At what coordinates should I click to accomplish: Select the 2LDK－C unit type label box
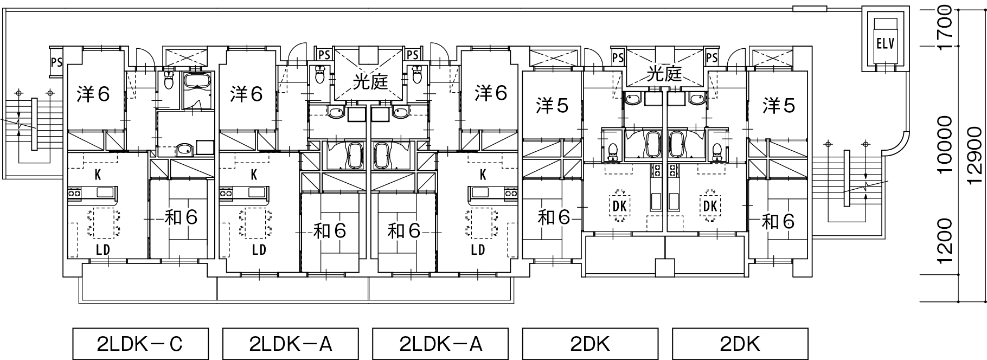click(140, 343)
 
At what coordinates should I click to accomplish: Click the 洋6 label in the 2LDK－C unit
click(93, 94)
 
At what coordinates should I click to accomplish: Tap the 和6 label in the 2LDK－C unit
click(181, 217)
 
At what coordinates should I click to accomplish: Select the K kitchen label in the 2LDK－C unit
click(98, 175)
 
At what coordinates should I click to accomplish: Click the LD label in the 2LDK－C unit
click(103, 250)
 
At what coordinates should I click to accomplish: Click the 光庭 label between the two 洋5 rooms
click(664, 74)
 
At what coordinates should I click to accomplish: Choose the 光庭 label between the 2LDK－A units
click(371, 81)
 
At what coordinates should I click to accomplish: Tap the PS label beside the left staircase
click(56, 61)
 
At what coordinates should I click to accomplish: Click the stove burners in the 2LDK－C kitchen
click(74, 192)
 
